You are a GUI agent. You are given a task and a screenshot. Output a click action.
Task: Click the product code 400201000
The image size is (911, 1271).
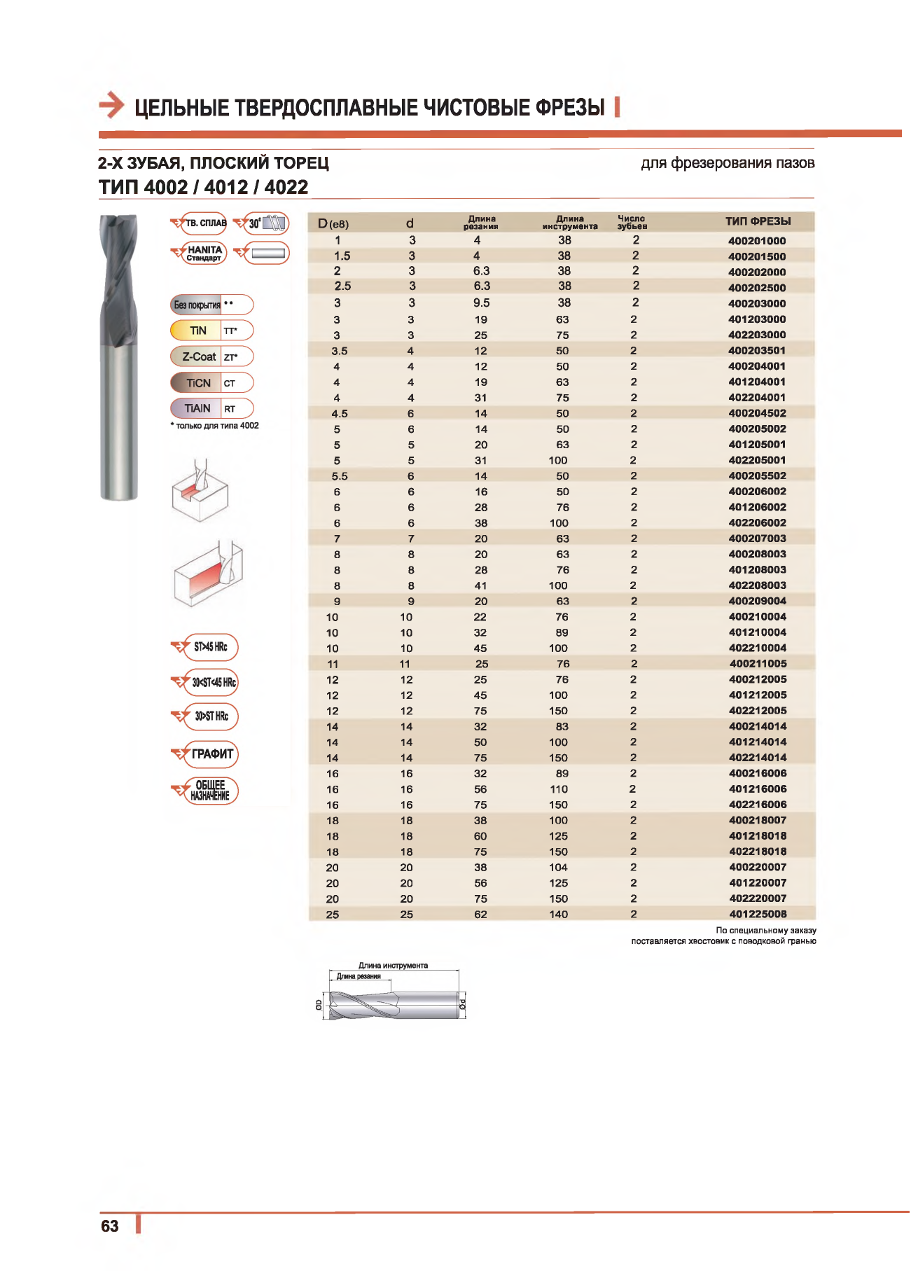point(757,241)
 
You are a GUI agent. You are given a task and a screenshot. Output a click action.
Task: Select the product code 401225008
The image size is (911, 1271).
point(758,914)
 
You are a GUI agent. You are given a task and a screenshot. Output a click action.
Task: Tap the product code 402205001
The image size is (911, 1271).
point(757,460)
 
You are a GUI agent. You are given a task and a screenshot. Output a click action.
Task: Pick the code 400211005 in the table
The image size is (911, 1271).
point(758,664)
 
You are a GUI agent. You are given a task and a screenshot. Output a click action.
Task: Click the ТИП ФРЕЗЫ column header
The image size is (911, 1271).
point(758,221)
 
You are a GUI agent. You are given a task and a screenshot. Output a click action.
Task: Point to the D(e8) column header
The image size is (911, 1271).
point(333,223)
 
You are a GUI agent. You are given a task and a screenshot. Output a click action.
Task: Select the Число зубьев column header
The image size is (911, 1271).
point(632,222)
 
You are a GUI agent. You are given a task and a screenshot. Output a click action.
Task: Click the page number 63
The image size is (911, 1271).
point(110,1225)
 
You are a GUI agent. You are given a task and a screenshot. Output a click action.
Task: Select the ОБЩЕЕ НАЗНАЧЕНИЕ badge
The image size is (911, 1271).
point(209,791)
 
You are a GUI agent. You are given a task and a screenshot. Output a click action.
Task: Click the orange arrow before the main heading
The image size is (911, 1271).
point(111,106)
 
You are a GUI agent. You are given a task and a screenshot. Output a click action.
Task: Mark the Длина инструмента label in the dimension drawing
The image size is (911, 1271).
point(393,965)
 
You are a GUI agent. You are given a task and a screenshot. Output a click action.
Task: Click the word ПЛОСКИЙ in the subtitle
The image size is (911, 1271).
point(229,163)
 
